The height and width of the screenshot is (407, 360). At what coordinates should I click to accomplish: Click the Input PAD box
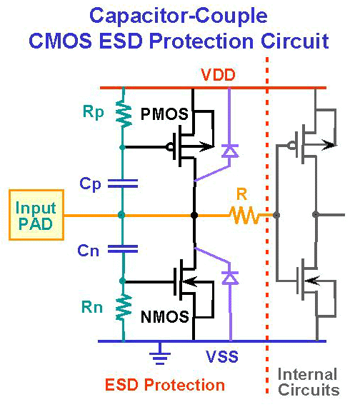point(36,215)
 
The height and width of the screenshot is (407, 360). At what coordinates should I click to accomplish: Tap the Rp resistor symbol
point(124,114)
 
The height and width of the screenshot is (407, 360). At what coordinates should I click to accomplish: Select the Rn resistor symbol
point(124,307)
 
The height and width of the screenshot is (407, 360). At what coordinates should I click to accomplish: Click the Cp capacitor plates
point(123,183)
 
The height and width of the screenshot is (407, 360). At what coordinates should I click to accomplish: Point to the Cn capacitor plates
point(123,249)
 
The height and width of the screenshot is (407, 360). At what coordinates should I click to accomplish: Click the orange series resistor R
point(244,215)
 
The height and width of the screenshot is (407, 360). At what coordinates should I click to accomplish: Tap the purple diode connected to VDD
point(229,151)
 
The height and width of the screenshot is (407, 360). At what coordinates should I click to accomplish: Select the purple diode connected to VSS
point(230,278)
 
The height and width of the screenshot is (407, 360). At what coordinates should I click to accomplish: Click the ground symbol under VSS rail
point(160,353)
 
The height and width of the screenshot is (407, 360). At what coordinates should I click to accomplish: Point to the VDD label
point(218,75)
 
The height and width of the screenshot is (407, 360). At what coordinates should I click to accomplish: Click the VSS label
point(222,356)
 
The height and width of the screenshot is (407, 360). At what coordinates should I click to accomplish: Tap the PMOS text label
point(164,114)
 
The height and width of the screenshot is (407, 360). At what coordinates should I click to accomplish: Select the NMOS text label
point(165,316)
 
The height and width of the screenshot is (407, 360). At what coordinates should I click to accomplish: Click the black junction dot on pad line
point(194,215)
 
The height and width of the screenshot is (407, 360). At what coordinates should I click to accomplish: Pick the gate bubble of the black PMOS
point(170,147)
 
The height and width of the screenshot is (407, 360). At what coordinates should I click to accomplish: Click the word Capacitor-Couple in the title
point(179,16)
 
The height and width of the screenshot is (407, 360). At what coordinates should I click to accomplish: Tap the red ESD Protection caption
point(165,385)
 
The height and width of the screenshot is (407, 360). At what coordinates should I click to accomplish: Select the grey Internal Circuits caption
point(309,382)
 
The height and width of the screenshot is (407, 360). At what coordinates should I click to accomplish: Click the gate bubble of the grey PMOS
point(292,145)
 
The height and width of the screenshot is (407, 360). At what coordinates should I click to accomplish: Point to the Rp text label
point(94,112)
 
